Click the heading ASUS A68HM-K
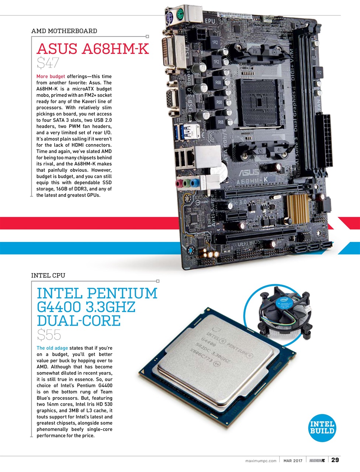[x=93, y=49]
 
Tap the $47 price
[x=48, y=63]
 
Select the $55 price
[x=49, y=335]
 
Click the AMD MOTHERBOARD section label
[x=64, y=31]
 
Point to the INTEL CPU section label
[x=48, y=275]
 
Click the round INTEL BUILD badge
[x=322, y=427]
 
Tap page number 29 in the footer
[x=335, y=460]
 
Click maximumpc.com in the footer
[x=261, y=461]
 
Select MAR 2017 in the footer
[x=293, y=461]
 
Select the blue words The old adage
[x=52, y=348]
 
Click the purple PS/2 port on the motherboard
[x=170, y=16]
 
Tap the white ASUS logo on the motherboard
[x=249, y=172]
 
